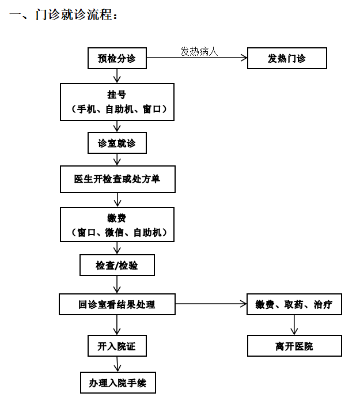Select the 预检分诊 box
(x=117, y=58)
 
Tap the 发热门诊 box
(x=287, y=58)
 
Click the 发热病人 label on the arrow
(x=199, y=52)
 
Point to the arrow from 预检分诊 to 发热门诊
(x=196, y=58)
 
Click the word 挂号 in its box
(x=117, y=95)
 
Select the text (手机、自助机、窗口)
(x=117, y=109)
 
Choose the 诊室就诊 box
(x=117, y=143)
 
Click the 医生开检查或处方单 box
(x=117, y=179)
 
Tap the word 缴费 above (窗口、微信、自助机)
(x=117, y=218)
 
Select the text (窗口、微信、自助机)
(x=117, y=232)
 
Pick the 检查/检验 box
(x=117, y=266)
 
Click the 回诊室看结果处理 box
(x=117, y=304)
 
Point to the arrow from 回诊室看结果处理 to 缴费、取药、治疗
(x=210, y=304)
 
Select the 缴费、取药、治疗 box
(x=294, y=304)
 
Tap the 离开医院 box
(x=294, y=346)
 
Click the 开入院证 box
(x=117, y=346)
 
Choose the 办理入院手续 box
(x=118, y=383)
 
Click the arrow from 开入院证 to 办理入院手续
(x=118, y=364)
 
